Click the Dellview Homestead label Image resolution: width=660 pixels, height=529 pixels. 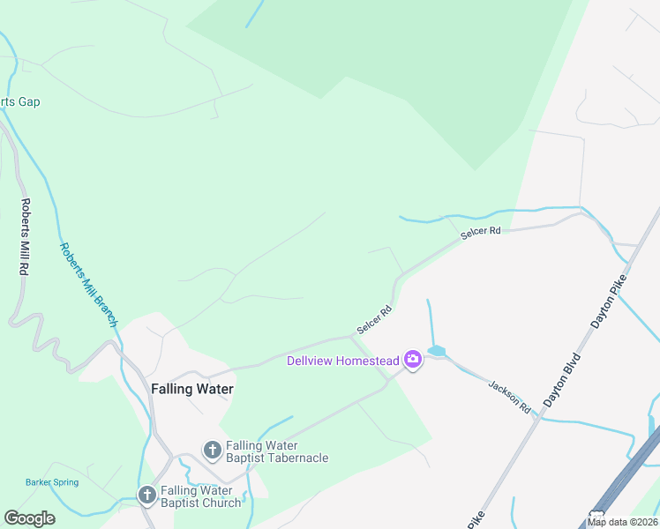click(x=343, y=361)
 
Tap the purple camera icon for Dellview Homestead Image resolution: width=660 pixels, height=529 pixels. click(x=412, y=360)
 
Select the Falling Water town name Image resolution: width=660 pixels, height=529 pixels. click(x=191, y=389)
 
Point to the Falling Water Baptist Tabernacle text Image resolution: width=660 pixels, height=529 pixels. click(x=276, y=451)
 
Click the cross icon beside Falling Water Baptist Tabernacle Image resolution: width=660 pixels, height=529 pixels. click(x=212, y=451)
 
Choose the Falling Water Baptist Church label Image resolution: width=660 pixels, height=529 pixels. click(x=199, y=496)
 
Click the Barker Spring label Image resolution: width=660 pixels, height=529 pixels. click(x=52, y=482)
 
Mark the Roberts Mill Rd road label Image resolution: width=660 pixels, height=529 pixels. click(x=25, y=238)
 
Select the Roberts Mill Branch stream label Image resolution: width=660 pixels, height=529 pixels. click(x=88, y=284)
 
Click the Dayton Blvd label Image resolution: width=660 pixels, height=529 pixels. click(x=562, y=380)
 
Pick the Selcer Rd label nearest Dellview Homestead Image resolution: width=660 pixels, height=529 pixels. click(x=374, y=319)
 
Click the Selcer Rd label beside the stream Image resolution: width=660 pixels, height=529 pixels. click(x=481, y=231)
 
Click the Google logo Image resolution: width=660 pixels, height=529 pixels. click(x=29, y=518)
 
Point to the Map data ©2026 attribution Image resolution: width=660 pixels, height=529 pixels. click(x=622, y=522)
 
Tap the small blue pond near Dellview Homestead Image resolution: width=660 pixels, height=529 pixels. click(x=436, y=351)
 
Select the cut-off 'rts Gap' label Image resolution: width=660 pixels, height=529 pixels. click(x=19, y=102)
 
